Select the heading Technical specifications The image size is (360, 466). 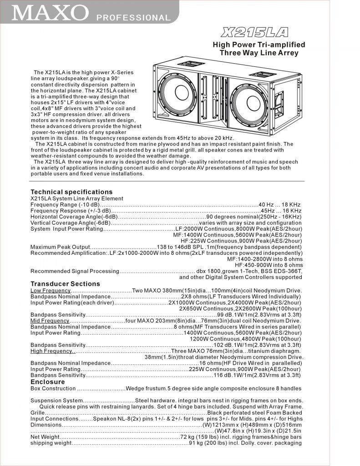click(71, 192)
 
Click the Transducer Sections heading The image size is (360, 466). click(65, 284)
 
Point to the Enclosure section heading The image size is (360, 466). click(47, 382)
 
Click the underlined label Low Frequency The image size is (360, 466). click(51, 290)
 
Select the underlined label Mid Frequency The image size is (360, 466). click(50, 321)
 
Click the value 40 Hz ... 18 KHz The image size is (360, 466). click(279, 205)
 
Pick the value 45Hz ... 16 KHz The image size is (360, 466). click(280, 211)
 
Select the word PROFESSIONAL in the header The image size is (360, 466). click(133, 18)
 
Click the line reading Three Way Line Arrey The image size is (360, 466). click(259, 53)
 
